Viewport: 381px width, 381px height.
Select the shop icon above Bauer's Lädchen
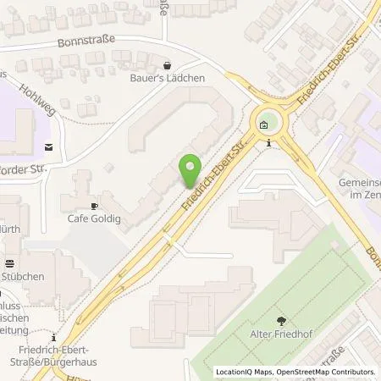(167, 64)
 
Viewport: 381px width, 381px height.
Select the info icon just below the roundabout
(268, 143)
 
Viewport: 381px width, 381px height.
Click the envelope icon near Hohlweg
(48, 146)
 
